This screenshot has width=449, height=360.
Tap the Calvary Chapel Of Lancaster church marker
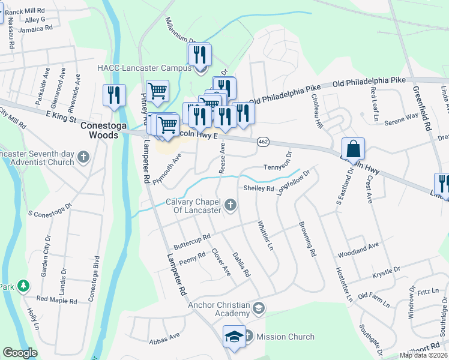coord(229,206)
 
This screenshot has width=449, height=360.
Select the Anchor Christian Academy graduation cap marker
coord(258,309)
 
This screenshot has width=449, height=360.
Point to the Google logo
coord(20,353)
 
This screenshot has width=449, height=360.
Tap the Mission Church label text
coord(285,337)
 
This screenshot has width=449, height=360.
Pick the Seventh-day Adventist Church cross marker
coord(83,158)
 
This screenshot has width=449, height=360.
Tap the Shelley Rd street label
coord(259,188)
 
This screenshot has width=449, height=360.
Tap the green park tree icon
coord(23,286)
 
